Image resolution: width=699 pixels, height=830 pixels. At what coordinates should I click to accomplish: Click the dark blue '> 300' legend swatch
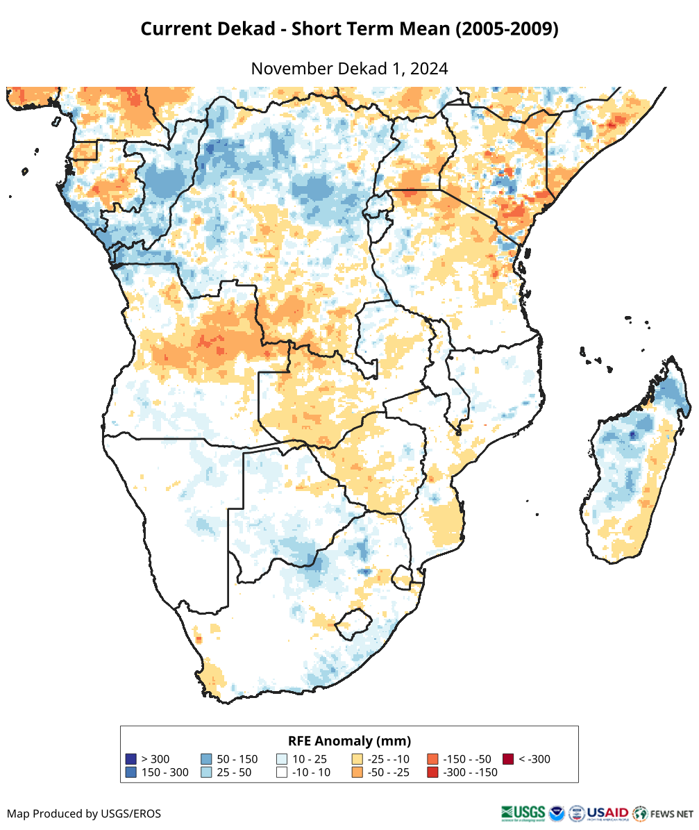click(130, 759)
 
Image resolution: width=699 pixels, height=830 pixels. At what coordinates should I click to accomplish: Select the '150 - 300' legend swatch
click(130, 772)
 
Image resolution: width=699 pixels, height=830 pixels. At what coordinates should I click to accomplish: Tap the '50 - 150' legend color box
click(206, 759)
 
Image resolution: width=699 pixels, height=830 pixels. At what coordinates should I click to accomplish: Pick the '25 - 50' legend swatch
click(206, 772)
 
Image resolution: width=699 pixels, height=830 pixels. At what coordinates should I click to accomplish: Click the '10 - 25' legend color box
click(282, 759)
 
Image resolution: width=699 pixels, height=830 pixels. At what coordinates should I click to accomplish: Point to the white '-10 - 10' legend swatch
click(282, 772)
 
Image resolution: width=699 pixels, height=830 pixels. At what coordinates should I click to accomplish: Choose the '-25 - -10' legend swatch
click(357, 759)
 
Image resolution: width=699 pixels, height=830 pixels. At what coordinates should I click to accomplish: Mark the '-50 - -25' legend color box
click(357, 772)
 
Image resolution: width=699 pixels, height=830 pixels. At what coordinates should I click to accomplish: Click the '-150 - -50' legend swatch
click(432, 759)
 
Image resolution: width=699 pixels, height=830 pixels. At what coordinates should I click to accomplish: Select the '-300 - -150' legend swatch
click(432, 772)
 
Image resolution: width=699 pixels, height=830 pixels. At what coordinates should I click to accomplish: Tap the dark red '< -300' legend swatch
click(508, 759)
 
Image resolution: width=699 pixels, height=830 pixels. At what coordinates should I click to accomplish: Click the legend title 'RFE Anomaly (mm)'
click(349, 740)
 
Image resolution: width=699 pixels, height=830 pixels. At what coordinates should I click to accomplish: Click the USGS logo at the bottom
click(523, 813)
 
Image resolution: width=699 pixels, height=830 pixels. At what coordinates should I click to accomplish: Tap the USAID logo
click(607, 813)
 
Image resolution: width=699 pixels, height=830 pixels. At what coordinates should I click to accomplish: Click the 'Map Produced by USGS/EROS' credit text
click(84, 813)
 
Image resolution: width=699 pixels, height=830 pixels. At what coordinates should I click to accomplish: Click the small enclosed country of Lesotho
click(352, 622)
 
